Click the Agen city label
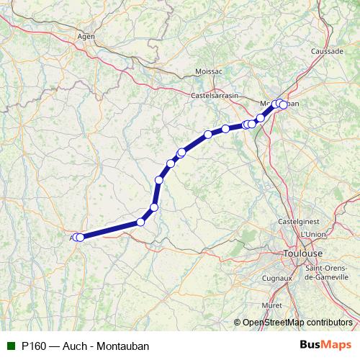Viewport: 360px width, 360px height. tap(86, 35)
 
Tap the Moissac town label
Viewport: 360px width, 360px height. tap(208, 71)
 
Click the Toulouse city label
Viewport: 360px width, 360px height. tap(303, 253)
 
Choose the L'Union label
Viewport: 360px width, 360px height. tap(314, 235)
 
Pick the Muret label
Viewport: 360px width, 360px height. tap(271, 305)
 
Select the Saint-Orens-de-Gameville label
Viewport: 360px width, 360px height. tap(328, 273)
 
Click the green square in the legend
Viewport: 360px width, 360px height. tap(10, 346)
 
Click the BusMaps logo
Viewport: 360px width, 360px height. tap(330, 346)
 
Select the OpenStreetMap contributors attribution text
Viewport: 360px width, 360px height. tap(297, 322)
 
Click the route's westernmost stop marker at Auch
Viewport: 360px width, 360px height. tap(76, 237)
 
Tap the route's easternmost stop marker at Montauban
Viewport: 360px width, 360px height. tap(284, 105)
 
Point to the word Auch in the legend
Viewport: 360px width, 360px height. tap(75, 346)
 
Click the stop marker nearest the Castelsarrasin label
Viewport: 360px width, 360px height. tap(208, 134)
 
